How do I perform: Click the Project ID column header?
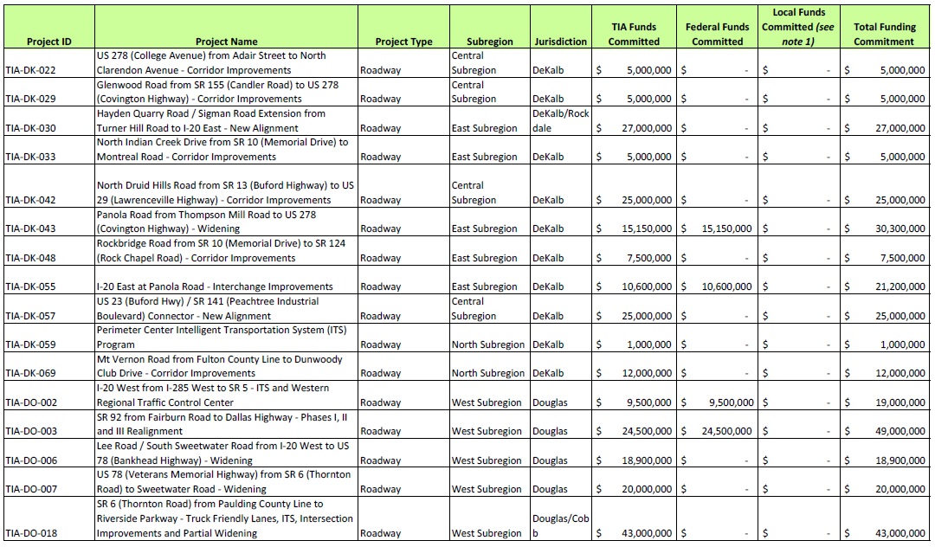pos(48,42)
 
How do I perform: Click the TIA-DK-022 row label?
pos(30,70)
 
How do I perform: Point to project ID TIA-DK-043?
pos(30,229)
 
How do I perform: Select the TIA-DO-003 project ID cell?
pos(30,431)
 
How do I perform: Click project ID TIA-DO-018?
pos(30,533)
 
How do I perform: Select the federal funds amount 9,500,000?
pos(730,402)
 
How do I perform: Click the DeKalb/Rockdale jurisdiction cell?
pos(560,120)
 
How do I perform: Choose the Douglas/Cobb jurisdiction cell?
pos(560,525)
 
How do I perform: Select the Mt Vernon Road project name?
pos(220,366)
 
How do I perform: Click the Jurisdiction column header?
pos(560,42)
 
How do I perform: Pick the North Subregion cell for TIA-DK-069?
pos(487,373)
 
